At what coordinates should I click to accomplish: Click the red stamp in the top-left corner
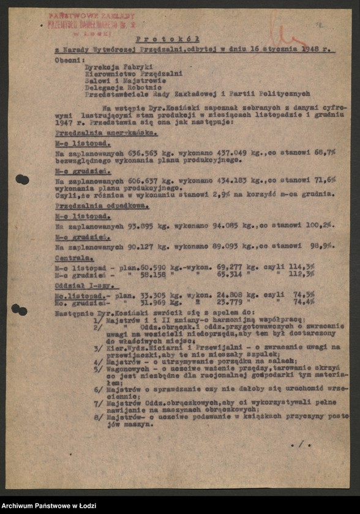click(92, 24)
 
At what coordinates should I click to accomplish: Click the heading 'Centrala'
click(71, 258)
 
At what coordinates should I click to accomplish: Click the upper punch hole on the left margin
click(21, 179)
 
